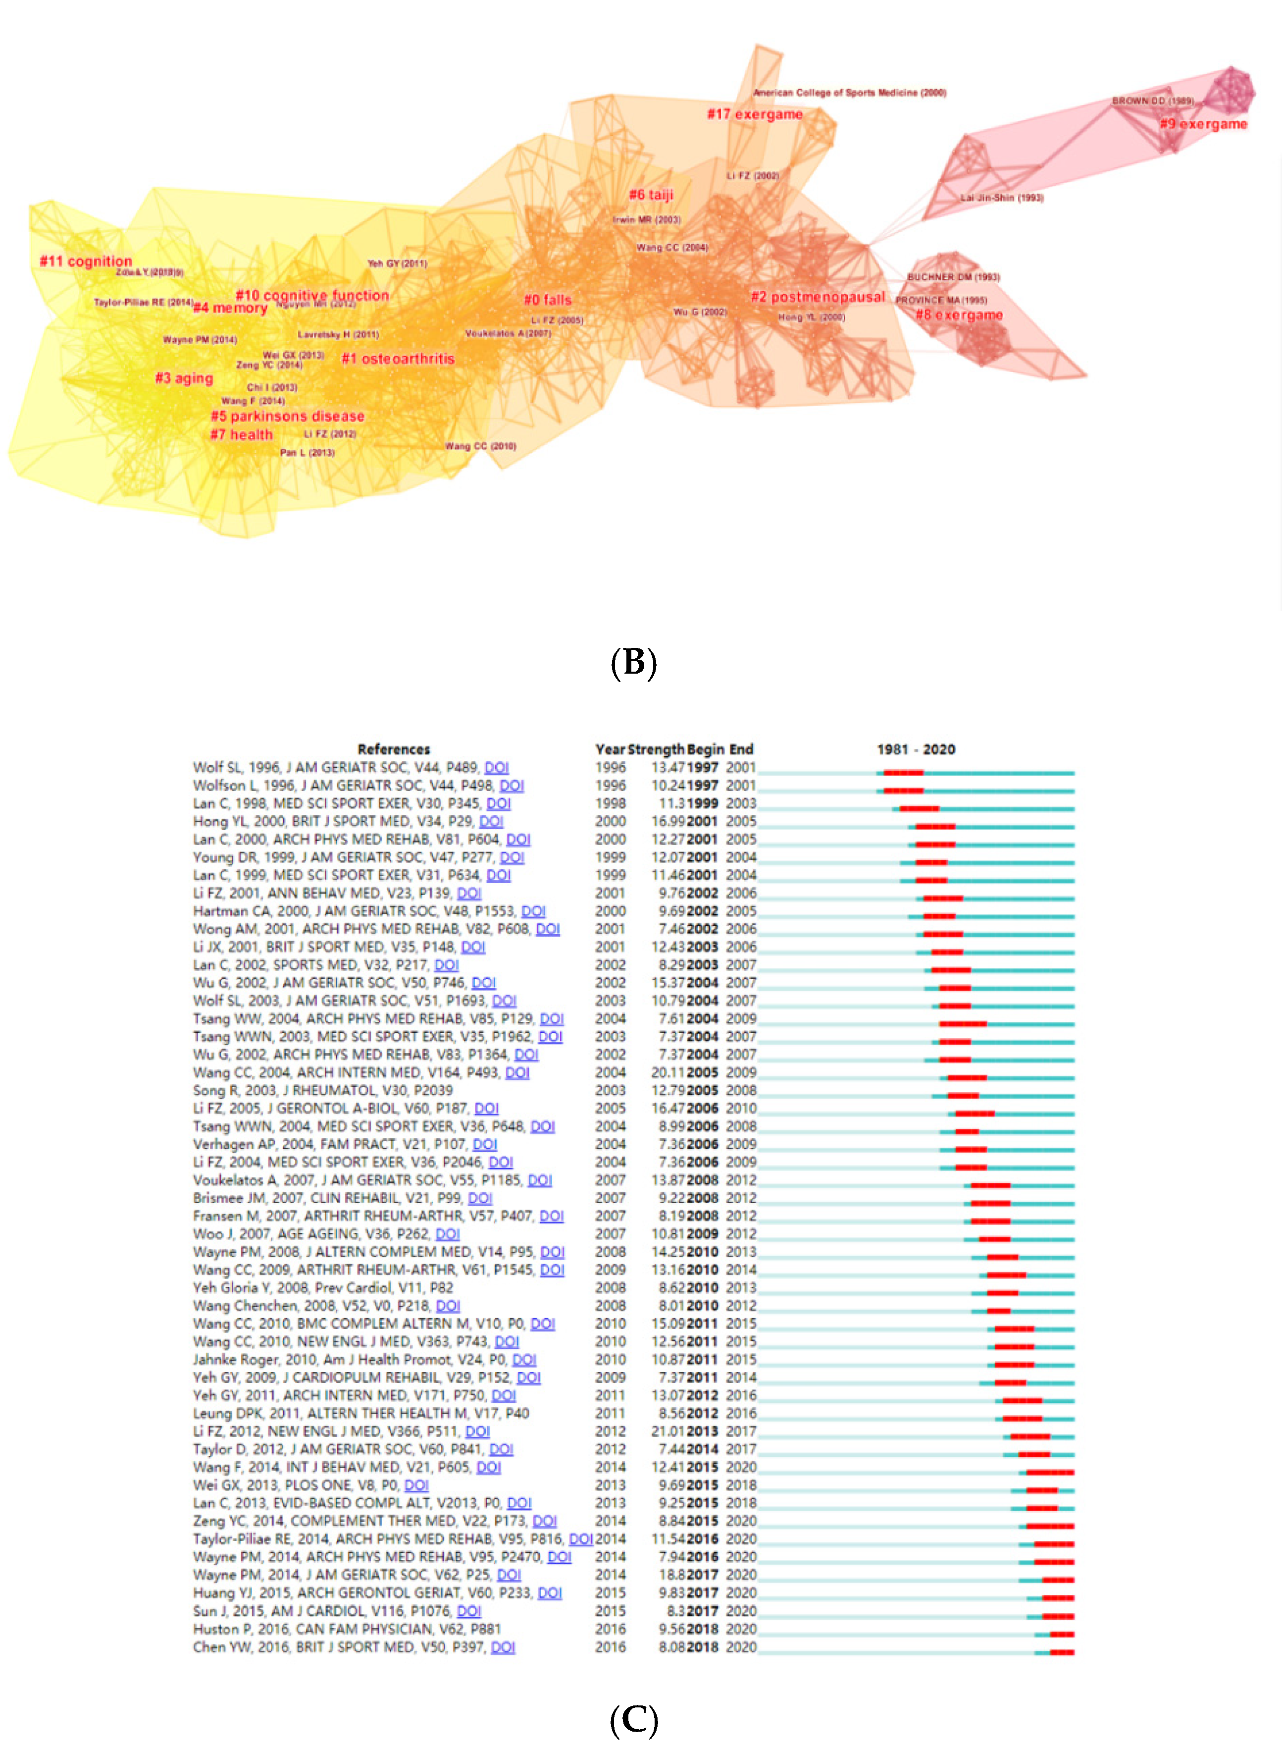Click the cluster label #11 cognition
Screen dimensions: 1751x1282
86,262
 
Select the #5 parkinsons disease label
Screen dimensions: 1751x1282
288,416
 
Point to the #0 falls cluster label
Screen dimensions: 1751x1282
548,300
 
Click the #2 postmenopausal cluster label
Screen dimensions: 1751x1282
818,297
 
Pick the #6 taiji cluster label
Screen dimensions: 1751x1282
651,194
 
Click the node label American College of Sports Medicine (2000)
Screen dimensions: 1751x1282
850,92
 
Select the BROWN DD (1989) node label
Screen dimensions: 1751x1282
1152,101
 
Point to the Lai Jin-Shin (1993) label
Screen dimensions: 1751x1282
1002,198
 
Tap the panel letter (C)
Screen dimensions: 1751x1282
634,1719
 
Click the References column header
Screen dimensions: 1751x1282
394,749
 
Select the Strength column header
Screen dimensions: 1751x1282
656,749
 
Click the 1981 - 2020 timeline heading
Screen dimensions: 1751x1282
916,749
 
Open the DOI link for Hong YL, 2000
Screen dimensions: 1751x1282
491,821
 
